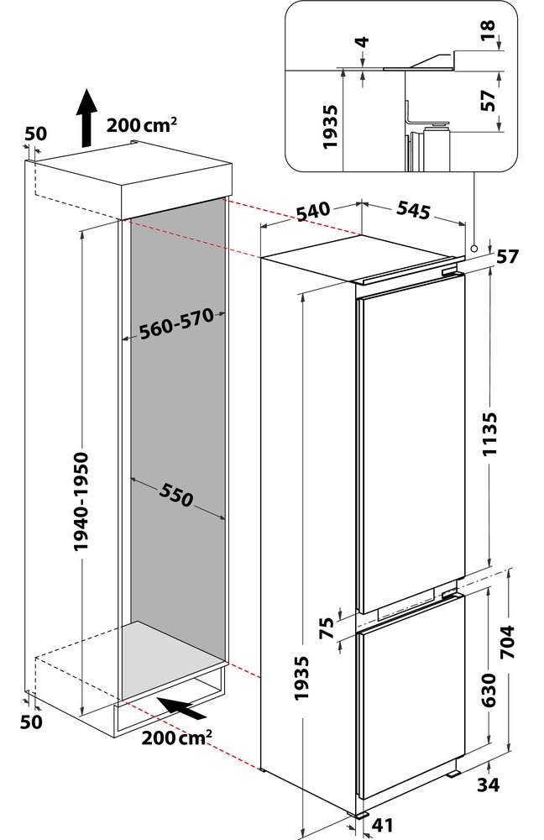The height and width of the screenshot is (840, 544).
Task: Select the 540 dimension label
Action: click(x=315, y=211)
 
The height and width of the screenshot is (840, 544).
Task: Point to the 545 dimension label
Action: click(x=413, y=210)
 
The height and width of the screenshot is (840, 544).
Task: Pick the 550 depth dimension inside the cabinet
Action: click(x=175, y=495)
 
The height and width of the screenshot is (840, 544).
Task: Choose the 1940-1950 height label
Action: click(x=81, y=502)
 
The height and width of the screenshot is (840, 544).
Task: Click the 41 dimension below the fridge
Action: click(x=382, y=826)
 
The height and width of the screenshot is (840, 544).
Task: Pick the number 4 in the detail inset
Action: click(x=363, y=41)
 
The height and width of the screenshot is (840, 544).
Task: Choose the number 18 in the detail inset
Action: click(x=488, y=31)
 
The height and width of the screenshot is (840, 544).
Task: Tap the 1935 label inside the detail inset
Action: click(x=331, y=127)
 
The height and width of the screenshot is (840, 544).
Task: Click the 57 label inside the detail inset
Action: click(x=488, y=100)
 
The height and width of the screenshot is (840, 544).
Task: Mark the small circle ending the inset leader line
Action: click(x=473, y=249)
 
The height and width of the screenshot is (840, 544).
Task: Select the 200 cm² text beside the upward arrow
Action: click(x=142, y=124)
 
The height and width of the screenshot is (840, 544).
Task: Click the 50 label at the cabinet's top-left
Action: click(x=36, y=134)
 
